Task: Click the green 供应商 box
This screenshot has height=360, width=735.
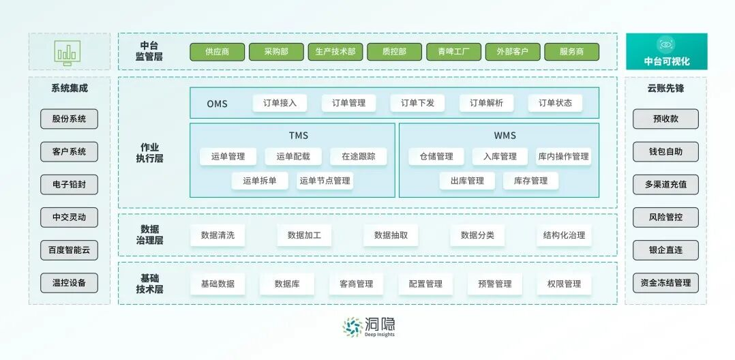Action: [x=216, y=52]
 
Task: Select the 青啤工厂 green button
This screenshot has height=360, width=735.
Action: [x=453, y=52]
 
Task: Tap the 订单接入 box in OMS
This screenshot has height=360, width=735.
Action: [x=280, y=103]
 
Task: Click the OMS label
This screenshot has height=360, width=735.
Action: [x=217, y=104]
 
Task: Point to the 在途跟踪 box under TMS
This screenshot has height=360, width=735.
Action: [x=358, y=156]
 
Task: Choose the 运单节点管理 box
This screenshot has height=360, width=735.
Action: [x=325, y=181]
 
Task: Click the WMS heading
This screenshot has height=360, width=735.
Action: [x=505, y=136]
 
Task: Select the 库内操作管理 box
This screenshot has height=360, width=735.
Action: [x=562, y=156]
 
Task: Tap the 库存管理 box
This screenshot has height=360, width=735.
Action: [x=530, y=181]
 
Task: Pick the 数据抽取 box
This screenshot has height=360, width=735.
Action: [x=391, y=235]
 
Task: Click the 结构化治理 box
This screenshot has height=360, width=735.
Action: [x=564, y=235]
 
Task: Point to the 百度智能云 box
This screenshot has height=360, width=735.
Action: [x=69, y=250]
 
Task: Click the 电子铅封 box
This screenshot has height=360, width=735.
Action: [x=69, y=185]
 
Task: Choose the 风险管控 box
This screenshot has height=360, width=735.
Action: [x=665, y=217]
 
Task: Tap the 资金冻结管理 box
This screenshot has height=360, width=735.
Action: [x=665, y=283]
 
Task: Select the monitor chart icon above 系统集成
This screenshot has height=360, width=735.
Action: [x=68, y=52]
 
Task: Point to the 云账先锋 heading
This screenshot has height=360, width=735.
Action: [x=665, y=89]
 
